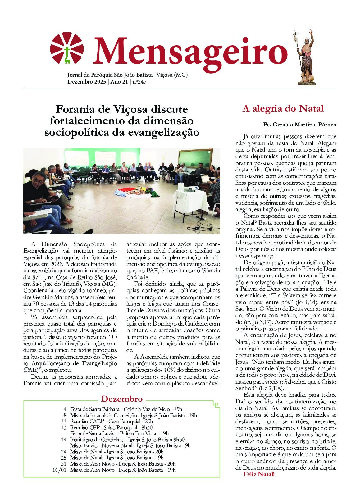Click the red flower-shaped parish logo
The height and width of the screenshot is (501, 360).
click(67, 48)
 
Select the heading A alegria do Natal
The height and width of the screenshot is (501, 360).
click(283, 109)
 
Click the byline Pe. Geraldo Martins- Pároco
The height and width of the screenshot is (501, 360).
click(299, 125)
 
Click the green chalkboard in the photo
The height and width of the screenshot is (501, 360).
click(194, 158)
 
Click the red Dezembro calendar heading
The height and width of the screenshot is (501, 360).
click(122, 399)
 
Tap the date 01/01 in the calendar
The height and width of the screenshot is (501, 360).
click(60, 470)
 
